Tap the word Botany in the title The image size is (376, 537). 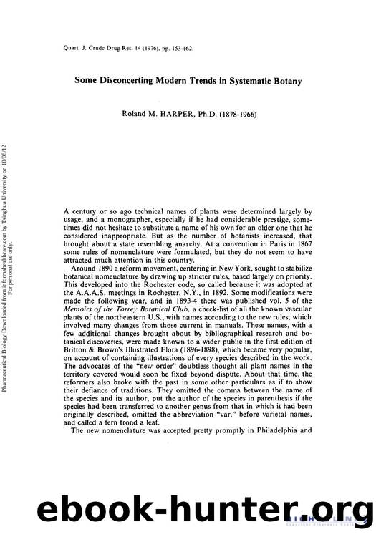[x=285, y=81]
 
